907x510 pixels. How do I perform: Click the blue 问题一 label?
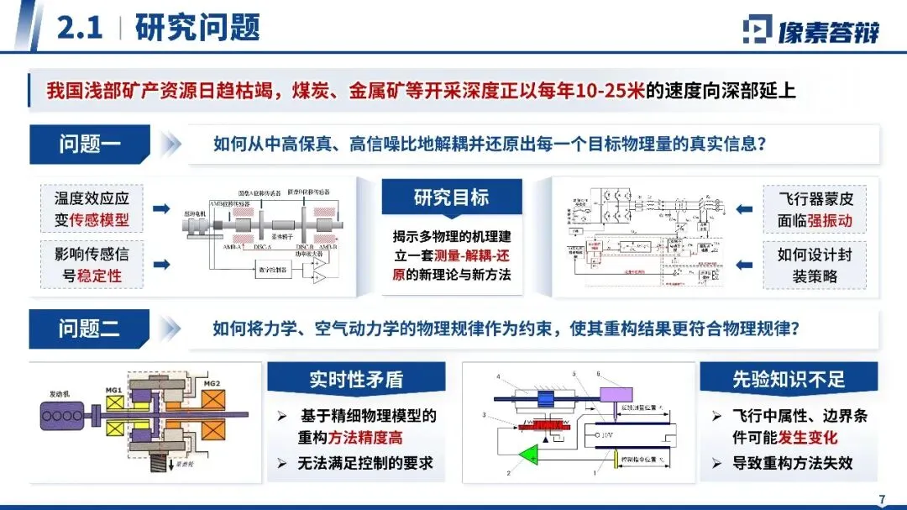pyautogui.click(x=89, y=144)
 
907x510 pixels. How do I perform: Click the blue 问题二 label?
pyautogui.click(x=89, y=328)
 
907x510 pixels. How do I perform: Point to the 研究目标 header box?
pyautogui.click(x=451, y=198)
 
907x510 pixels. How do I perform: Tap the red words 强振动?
pyautogui.click(x=828, y=220)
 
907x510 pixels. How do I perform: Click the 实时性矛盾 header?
pyautogui.click(x=355, y=380)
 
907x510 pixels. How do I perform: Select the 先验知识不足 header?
pyautogui.click(x=788, y=380)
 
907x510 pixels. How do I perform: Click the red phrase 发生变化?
pyautogui.click(x=813, y=439)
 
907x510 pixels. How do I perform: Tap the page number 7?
pyautogui.click(x=882, y=499)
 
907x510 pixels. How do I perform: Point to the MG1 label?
pyautogui.click(x=113, y=391)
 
